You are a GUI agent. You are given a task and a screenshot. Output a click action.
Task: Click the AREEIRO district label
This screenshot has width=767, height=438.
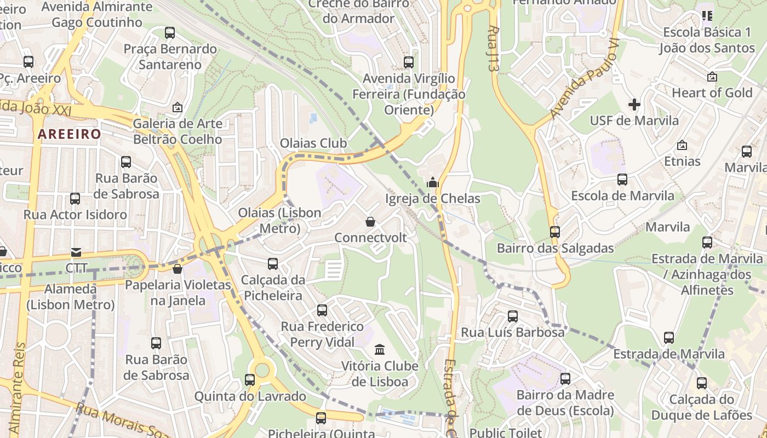[70, 134]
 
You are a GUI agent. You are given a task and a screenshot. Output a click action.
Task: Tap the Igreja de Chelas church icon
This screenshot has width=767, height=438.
[433, 182]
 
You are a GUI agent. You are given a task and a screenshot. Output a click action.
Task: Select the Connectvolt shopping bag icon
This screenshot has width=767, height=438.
[370, 222]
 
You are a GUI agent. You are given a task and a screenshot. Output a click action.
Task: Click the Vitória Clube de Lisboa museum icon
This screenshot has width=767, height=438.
[379, 349]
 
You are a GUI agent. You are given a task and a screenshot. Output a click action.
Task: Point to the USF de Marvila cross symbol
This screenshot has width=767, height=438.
[634, 105]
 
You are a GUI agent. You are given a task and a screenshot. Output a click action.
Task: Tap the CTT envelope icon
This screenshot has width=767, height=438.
[76, 252]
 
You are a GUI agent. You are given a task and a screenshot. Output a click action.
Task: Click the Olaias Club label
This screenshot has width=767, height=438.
[313, 143]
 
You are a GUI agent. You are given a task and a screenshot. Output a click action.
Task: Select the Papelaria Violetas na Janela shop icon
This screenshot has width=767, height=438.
[178, 269]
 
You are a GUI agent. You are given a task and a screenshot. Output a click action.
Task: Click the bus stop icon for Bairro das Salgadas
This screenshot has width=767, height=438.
[555, 232]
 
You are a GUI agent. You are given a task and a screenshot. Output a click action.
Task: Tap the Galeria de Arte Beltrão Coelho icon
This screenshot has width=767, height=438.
[177, 107]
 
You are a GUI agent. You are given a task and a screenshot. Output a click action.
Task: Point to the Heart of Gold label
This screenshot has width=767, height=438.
[712, 93]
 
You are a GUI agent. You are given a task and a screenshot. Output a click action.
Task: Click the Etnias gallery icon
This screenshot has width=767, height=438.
[682, 145]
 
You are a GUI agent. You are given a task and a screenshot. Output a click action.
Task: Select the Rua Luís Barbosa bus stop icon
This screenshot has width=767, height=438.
[513, 316]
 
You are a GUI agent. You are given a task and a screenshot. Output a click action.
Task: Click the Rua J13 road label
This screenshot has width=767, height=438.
[493, 49]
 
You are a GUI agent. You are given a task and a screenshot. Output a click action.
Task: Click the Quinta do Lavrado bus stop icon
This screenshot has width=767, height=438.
[250, 379]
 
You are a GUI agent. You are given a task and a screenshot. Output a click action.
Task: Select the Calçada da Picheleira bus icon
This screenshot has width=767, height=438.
[273, 264]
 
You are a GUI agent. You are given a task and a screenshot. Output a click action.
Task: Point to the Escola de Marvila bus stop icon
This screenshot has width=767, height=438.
[622, 180]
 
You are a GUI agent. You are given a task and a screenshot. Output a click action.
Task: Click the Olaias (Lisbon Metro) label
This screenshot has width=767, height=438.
[279, 220]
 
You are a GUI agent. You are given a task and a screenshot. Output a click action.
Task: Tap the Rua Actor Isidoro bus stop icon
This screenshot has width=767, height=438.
[75, 198]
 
